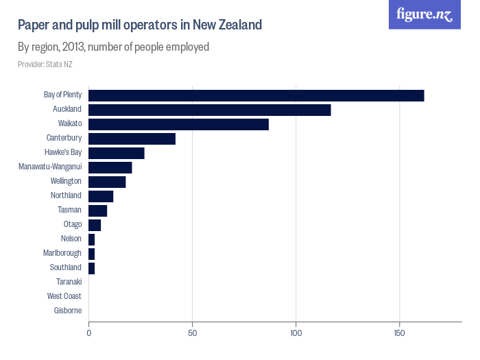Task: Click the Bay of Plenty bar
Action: click(x=256, y=95)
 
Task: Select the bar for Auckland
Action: click(x=209, y=110)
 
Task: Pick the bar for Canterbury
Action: click(x=132, y=139)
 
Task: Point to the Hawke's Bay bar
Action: click(x=116, y=153)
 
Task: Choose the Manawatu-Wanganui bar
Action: click(x=110, y=167)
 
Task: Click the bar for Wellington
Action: click(x=107, y=182)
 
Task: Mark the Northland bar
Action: click(x=101, y=196)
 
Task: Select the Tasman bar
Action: click(x=97, y=211)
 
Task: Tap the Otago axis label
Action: click(x=72, y=224)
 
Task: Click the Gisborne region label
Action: click(x=67, y=311)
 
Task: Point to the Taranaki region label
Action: click(x=69, y=282)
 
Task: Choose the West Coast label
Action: click(x=64, y=296)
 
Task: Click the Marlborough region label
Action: click(x=62, y=253)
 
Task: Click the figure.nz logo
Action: click(x=424, y=14)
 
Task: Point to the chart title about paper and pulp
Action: click(x=140, y=25)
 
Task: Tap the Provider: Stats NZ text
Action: click(x=45, y=64)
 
